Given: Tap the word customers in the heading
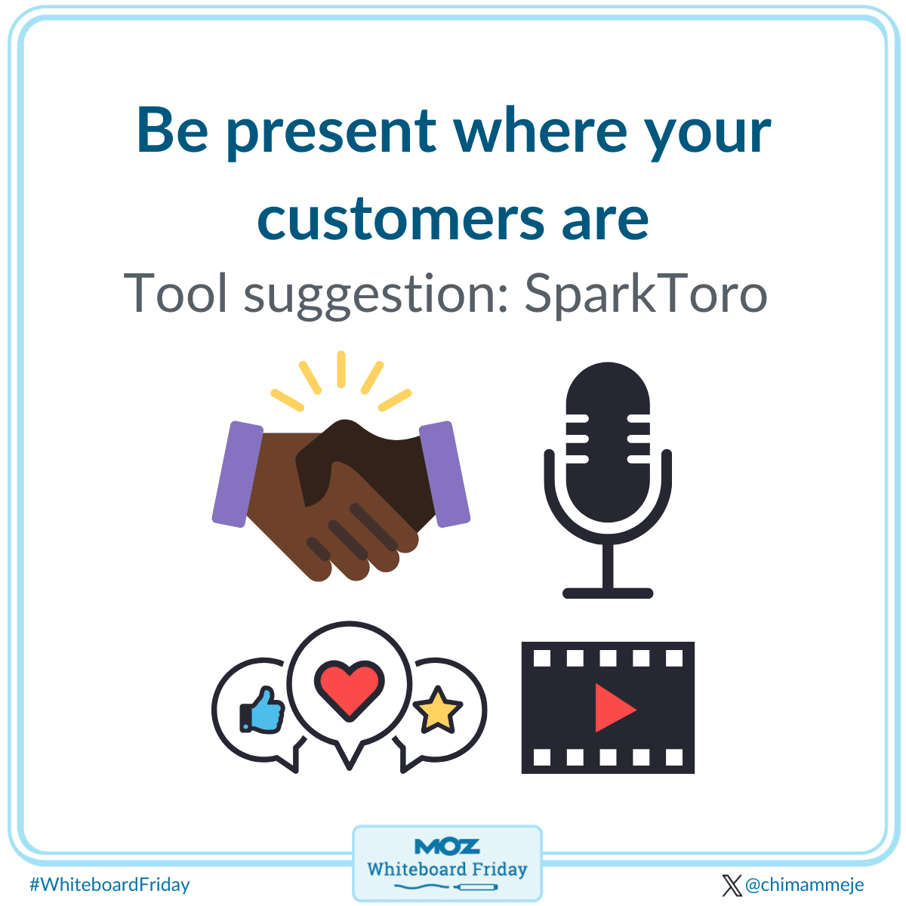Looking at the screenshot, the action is [401, 219].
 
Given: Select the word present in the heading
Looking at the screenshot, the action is [332, 133].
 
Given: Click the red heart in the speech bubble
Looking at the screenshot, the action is [349, 689].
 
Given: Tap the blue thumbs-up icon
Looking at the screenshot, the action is [262, 710].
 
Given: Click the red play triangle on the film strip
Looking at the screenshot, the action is [614, 707].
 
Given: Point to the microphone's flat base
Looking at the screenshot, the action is [608, 593].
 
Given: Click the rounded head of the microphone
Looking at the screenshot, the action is [608, 442].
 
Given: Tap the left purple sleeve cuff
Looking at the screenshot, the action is [237, 474].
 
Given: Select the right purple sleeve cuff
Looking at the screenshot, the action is [444, 474].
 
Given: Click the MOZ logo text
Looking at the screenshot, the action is [447, 846].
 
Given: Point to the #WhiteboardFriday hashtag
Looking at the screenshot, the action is [109, 885].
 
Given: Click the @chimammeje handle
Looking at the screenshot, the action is [804, 885].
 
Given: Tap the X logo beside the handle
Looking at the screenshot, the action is [732, 886].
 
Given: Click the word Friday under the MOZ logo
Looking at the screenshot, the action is [499, 869].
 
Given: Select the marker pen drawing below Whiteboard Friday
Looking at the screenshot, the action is [476, 887].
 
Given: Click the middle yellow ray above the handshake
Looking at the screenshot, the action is [341, 369].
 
